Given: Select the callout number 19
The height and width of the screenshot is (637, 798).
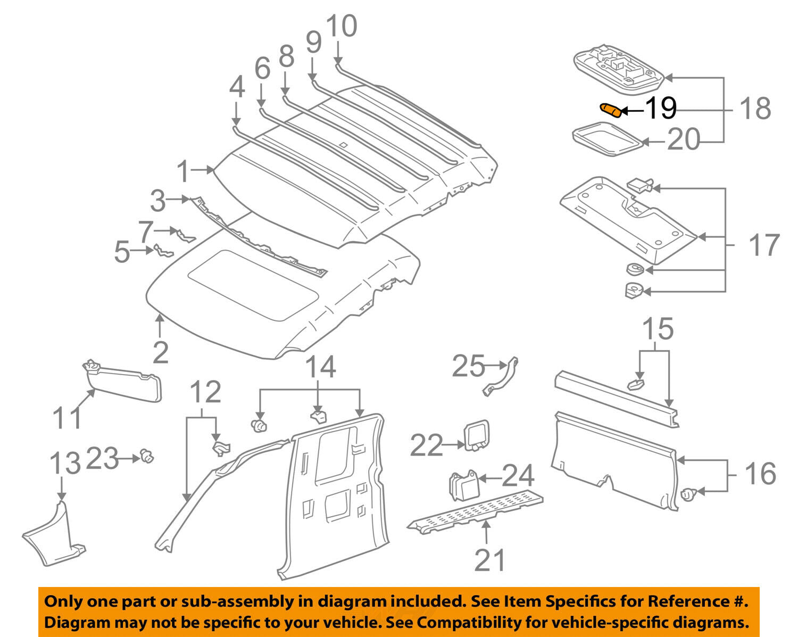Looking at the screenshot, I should [x=660, y=109].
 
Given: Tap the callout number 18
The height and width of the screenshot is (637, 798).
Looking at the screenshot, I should [x=755, y=109].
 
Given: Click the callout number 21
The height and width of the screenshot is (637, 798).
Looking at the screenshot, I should [x=489, y=560].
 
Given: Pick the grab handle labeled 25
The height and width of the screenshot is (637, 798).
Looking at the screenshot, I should [x=501, y=376].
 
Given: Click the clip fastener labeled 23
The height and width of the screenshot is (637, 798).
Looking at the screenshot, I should [x=146, y=456].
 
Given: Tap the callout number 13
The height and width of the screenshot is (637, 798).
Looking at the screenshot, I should [x=64, y=462].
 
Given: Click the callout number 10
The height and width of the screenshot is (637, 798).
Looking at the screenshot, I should [x=341, y=27].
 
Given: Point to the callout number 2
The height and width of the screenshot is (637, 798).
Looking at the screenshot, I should [x=160, y=353].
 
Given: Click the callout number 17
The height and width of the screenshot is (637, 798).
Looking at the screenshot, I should [x=764, y=245].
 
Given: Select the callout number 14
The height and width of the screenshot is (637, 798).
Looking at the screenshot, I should [x=321, y=367].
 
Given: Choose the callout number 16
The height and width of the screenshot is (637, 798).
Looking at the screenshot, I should [x=760, y=474].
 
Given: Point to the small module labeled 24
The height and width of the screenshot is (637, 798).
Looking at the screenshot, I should [x=463, y=485].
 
